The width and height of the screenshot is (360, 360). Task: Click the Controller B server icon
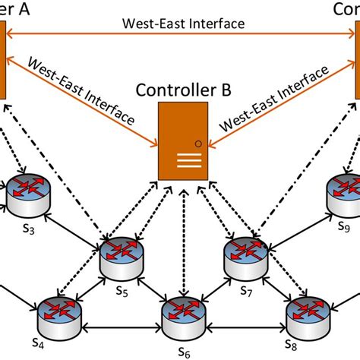pos(183,141)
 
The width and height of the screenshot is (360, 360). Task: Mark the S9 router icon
pos(344,195)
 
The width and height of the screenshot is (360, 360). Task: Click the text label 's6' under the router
pos(183,350)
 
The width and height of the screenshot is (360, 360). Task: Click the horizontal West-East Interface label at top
pos(183,24)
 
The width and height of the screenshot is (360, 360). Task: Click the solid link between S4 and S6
pos(121,328)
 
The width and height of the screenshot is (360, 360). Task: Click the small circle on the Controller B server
pos(197,142)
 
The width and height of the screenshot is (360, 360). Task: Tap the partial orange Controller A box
pos(3,61)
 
